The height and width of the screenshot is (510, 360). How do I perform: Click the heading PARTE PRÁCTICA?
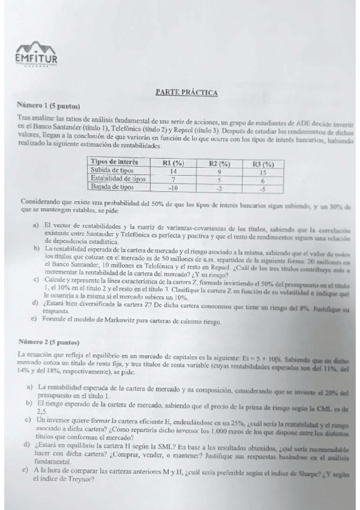click(186, 93)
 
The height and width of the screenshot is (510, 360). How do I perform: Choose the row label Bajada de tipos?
click(111, 187)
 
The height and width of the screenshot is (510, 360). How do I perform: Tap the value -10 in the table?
click(172, 188)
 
